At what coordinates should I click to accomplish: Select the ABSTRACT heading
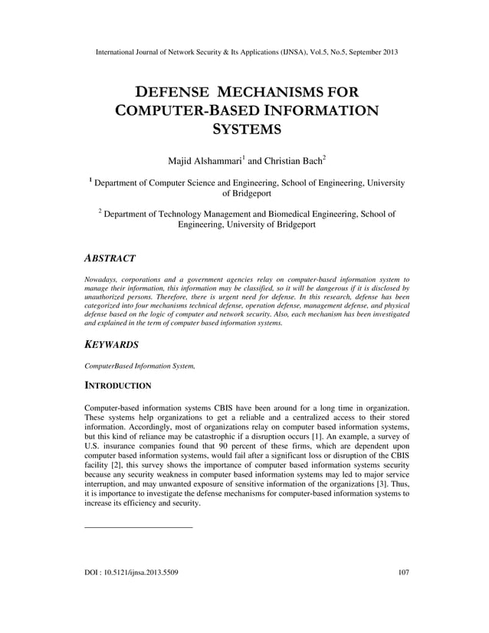click(x=110, y=258)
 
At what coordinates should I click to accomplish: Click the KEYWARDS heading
click(x=111, y=346)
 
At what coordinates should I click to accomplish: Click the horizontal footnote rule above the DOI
click(x=138, y=527)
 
